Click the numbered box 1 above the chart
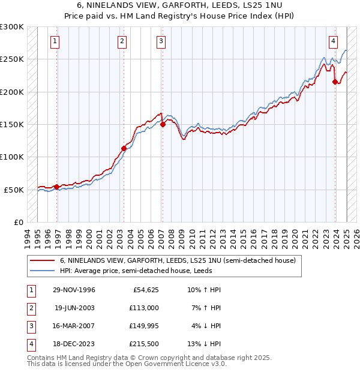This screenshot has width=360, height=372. [x=55, y=41]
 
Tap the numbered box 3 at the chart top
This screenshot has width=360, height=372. [x=161, y=41]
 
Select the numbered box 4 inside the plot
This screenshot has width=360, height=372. [x=332, y=41]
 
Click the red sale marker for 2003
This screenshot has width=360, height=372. [x=124, y=148]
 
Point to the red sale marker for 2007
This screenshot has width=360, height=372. [x=163, y=125]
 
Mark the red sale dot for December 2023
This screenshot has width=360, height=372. [x=335, y=82]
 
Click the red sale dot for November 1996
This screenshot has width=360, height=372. [x=57, y=187]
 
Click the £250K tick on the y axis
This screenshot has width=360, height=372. [x=13, y=59]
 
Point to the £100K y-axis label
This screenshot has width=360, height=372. [x=13, y=157]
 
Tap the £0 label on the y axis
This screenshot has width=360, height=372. [x=19, y=222]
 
